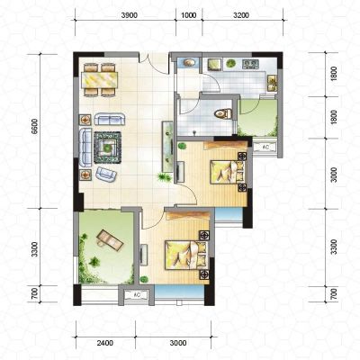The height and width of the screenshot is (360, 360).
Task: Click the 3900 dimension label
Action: pos(130,15)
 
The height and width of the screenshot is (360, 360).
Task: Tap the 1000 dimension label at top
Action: pos(189,15)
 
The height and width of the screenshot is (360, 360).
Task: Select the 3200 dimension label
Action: pos(241,15)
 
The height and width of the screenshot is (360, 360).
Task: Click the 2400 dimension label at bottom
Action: pos(105,343)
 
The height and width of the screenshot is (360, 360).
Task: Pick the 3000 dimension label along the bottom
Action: pos(178,343)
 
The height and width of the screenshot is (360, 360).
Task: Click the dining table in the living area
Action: pos(99,80)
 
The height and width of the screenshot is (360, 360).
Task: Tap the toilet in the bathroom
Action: pos(223,114)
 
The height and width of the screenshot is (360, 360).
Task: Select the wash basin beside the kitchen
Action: pos(189,63)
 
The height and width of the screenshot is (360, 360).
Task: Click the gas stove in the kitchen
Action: pos(250,64)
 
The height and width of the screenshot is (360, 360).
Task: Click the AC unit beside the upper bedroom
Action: pos(265,148)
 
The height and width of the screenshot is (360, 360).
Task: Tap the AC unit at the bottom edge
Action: pos(137,295)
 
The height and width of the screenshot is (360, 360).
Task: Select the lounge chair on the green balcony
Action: pos(109,239)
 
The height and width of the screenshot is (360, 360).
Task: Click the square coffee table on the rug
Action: pos(107,148)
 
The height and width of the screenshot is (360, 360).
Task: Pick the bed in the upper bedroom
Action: pos(227,172)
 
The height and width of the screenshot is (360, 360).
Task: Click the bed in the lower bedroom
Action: pos(186,255)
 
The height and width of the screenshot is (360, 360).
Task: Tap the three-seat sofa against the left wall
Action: pos(85,148)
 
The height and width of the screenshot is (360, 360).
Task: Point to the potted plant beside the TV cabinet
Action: pos(164,177)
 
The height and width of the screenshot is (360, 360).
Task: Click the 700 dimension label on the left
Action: pos(35,293)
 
